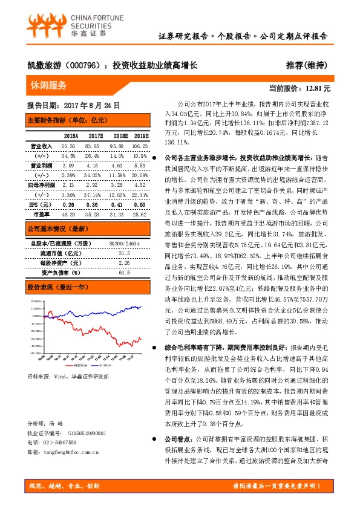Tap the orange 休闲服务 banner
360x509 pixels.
(49, 86)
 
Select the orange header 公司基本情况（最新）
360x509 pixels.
(56, 229)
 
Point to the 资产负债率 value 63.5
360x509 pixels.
(125, 272)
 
